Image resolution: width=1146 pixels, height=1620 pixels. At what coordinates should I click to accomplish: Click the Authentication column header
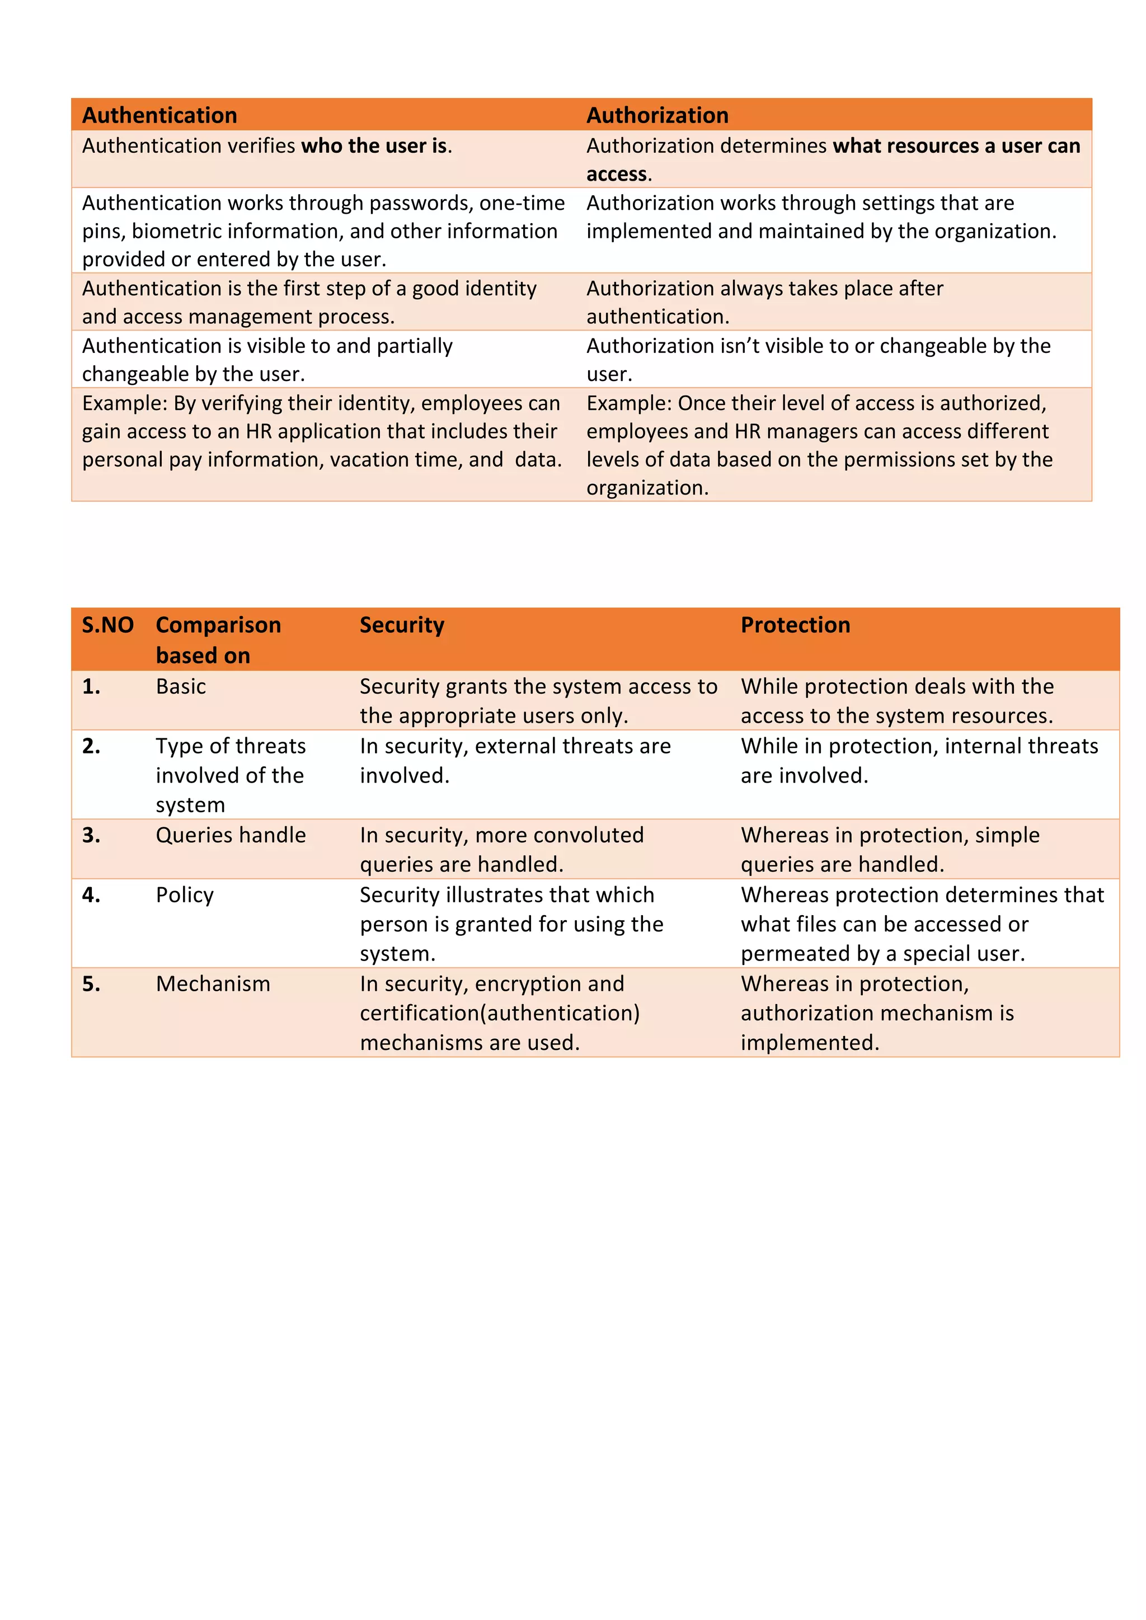point(159,115)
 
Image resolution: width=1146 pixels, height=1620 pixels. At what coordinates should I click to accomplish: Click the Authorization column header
point(657,115)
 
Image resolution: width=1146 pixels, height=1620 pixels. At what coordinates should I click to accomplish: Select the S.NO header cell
point(107,625)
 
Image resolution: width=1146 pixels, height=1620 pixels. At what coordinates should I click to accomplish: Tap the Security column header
point(402,625)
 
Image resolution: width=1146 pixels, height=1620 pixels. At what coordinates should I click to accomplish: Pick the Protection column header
point(795,625)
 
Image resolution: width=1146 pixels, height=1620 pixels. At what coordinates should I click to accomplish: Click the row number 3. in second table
point(91,835)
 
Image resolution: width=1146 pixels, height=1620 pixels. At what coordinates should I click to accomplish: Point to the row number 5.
point(91,983)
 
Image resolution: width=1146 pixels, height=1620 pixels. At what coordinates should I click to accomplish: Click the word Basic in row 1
point(181,686)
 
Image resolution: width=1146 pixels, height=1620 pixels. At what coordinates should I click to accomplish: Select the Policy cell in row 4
point(184,894)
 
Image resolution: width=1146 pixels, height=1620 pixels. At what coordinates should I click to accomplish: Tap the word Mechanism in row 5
point(213,983)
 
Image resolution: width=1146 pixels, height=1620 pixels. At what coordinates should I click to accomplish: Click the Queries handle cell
point(231,835)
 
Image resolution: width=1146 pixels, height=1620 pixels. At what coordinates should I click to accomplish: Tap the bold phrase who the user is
point(374,146)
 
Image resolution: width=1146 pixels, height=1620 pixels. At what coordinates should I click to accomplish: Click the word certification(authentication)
point(500,1013)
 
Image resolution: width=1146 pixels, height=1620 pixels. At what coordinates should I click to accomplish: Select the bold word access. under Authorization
point(618,175)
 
